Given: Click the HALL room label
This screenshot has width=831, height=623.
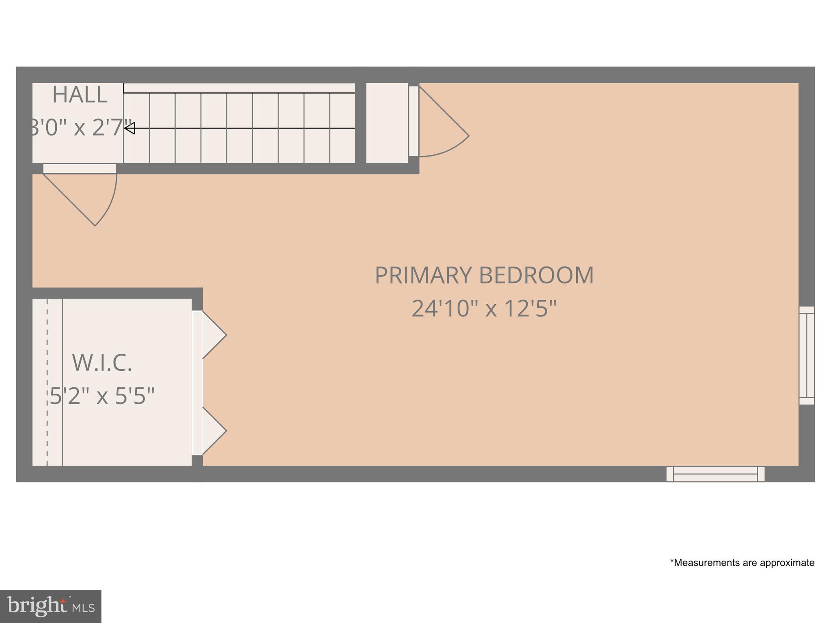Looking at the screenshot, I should tap(80, 95).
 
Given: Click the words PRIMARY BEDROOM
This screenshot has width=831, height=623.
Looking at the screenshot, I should tap(484, 275).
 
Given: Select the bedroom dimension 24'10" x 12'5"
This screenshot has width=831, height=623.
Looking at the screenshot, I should tap(484, 309).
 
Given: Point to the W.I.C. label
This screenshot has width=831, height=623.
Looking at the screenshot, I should tap(102, 363).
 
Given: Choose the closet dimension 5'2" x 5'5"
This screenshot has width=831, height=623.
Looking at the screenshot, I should tap(102, 396).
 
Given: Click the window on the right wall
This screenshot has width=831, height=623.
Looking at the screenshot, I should tap(807, 355).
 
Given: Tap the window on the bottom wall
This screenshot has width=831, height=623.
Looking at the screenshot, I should tap(715, 474).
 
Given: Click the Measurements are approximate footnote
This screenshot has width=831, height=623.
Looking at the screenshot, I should tap(742, 563).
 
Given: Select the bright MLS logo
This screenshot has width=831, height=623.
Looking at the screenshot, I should tap(51, 606).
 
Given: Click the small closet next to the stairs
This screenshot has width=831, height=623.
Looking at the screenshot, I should tap(387, 123).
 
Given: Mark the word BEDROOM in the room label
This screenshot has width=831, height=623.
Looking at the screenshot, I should tap(536, 275).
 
